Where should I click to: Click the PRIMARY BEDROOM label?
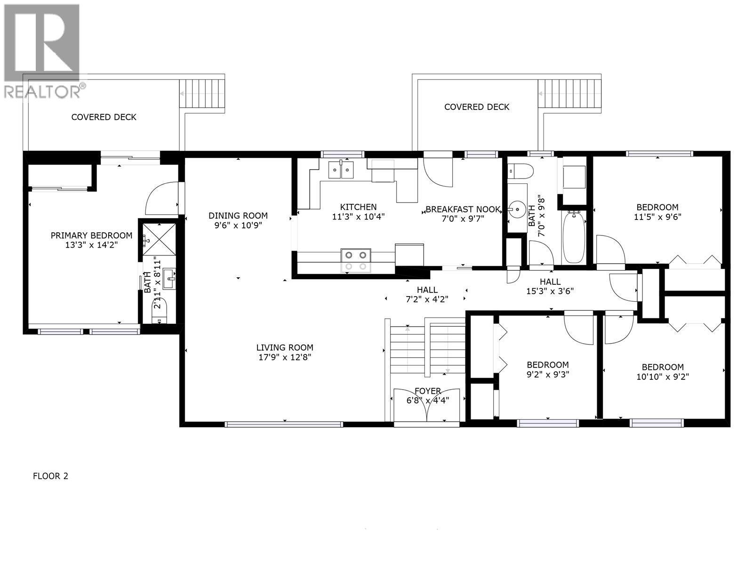click(x=91, y=235)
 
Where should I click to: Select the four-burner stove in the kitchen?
click(x=356, y=260)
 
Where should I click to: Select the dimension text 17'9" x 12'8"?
click(x=284, y=357)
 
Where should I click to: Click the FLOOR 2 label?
click(x=50, y=476)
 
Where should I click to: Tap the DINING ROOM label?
click(x=238, y=216)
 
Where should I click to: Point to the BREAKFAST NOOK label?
click(x=463, y=209)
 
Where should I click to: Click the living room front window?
click(x=284, y=424)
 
